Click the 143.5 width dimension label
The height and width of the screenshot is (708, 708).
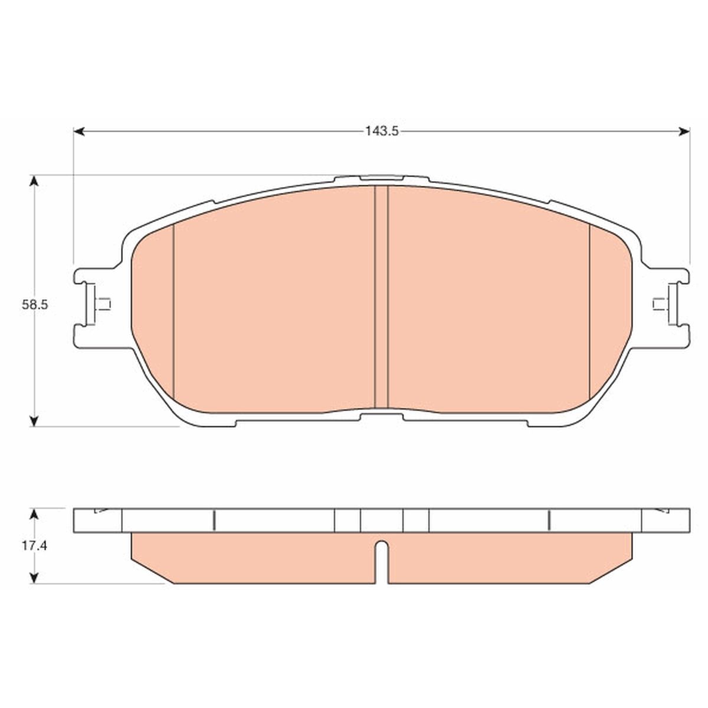(381, 131)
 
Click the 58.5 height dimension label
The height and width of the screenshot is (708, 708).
(35, 305)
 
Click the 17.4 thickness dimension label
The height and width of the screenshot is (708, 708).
(34, 546)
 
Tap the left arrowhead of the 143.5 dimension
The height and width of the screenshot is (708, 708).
(79, 132)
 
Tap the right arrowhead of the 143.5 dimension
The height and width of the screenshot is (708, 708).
(684, 132)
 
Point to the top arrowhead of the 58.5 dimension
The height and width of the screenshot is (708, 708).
(34, 181)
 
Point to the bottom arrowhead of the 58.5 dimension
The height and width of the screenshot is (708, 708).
(34, 421)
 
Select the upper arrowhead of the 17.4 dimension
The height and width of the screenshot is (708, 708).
(34, 514)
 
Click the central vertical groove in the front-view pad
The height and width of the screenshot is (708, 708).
(381, 297)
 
